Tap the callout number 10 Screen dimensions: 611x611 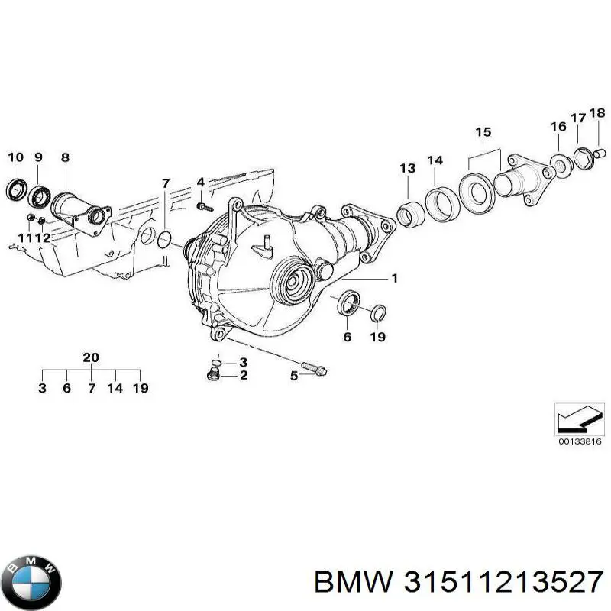tap(15, 157)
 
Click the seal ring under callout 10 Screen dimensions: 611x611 tap(15, 189)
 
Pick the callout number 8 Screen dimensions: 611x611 tap(65, 157)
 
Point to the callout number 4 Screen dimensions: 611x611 tap(200, 182)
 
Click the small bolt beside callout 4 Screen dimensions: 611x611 tap(202, 205)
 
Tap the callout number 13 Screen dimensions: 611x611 tap(407, 168)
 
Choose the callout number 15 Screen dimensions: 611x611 tap(483, 132)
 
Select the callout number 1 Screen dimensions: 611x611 tap(395, 278)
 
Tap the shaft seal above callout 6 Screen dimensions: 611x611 tap(348, 302)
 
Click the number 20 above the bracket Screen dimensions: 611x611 tap(91, 357)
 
